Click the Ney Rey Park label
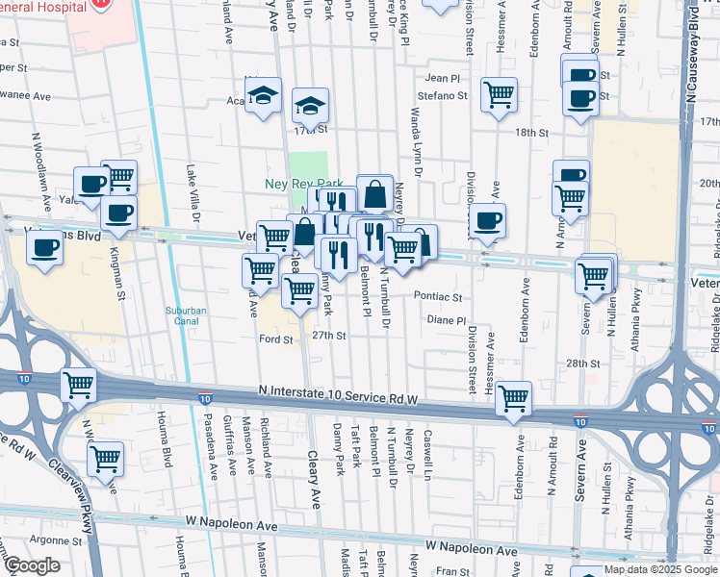pyautogui.click(x=304, y=183)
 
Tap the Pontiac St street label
pyautogui.click(x=438, y=298)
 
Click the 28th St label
pyautogui.click(x=582, y=364)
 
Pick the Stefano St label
pyautogui.click(x=442, y=96)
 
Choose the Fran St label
pyautogui.click(x=450, y=571)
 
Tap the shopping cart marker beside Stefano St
pyautogui.click(x=499, y=94)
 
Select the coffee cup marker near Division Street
pyautogui.click(x=487, y=220)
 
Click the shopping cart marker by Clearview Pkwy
pyautogui.click(x=105, y=459)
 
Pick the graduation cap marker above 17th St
pyautogui.click(x=311, y=105)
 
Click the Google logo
pyautogui.click(x=31, y=565)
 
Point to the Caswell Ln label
pyautogui.click(x=427, y=454)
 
